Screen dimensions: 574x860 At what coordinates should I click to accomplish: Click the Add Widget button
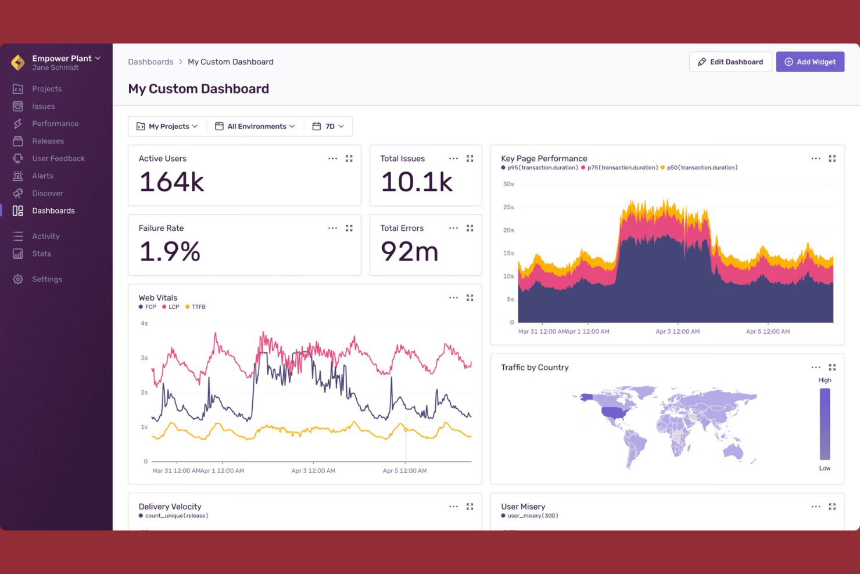tap(809, 62)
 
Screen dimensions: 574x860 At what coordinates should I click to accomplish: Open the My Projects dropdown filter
tap(167, 126)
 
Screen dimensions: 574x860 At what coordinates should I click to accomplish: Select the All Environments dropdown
tap(255, 126)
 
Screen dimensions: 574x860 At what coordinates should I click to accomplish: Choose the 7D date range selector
tap(328, 126)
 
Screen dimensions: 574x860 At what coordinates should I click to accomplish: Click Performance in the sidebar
tap(55, 123)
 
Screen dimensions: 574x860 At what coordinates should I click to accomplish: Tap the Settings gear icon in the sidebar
tap(18, 279)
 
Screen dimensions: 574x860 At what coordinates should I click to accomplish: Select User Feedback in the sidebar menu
tap(58, 158)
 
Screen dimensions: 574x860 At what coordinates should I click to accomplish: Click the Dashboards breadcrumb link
tap(150, 62)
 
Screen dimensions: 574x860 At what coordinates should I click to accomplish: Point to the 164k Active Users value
tap(171, 182)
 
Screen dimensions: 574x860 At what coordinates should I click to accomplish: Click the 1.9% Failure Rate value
tap(170, 252)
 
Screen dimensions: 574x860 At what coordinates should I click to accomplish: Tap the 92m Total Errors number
tap(409, 252)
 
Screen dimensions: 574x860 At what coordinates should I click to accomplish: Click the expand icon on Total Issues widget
tap(470, 158)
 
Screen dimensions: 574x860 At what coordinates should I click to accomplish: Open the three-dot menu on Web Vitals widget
tap(453, 298)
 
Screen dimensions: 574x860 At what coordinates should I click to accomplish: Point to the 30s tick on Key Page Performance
tap(508, 184)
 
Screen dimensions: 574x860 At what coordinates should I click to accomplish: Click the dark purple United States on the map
tap(615, 412)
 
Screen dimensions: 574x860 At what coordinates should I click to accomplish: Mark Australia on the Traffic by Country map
tap(733, 450)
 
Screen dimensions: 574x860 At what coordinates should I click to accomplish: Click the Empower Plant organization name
tap(62, 58)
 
